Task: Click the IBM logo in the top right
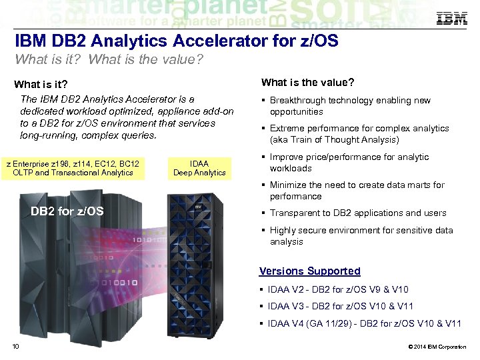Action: coord(451,19)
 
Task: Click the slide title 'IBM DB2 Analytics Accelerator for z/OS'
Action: coord(176,42)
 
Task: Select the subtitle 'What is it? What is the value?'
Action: coord(108,60)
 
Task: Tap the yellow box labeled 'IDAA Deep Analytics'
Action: coord(199,168)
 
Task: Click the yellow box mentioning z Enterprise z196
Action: coord(73,168)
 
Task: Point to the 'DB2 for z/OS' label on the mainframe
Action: coord(67,211)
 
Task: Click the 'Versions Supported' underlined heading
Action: coord(309,271)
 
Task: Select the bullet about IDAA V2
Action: coord(338,289)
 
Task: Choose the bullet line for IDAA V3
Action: coord(340,306)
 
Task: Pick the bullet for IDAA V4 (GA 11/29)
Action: coord(364,323)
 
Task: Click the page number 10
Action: coord(15,346)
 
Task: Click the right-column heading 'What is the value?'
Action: coord(307,83)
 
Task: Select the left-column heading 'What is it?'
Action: coord(41,85)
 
